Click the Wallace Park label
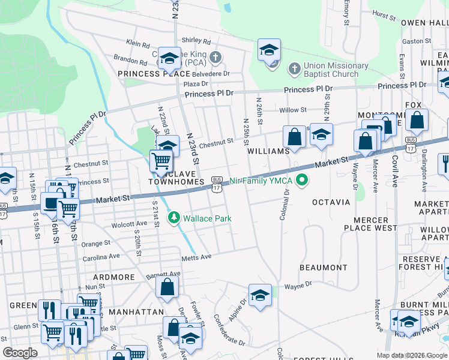coord(207,218)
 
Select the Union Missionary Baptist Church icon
coord(294,69)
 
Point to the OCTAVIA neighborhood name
coord(331,202)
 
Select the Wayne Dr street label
coord(298,286)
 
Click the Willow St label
coord(293,110)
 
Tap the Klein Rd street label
coord(138,44)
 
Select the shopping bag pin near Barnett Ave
coord(167,287)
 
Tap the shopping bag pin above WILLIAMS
coord(295,136)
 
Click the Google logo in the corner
coord(20,353)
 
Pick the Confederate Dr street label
coord(229,331)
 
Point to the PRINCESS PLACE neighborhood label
coord(149,74)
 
